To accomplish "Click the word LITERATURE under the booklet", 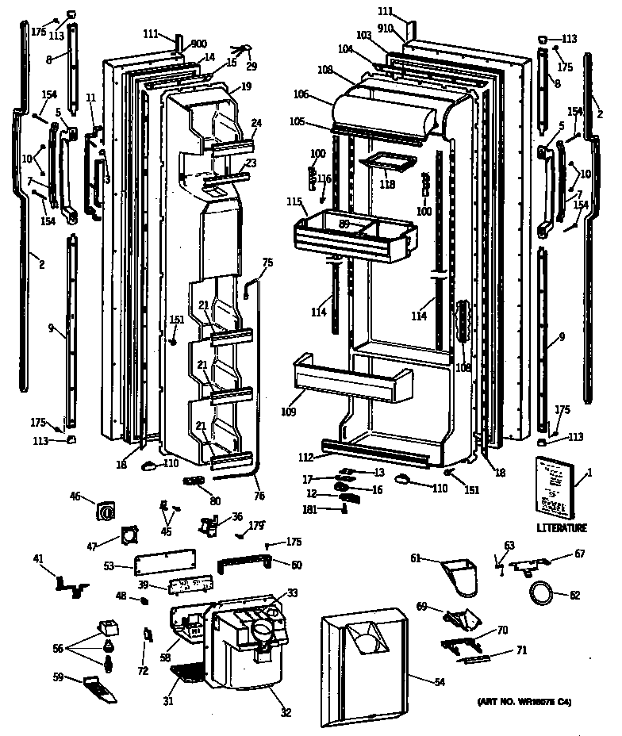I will [561, 528].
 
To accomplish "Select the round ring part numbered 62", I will [540, 592].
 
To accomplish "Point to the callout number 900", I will [198, 44].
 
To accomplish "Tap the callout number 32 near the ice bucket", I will [285, 711].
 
